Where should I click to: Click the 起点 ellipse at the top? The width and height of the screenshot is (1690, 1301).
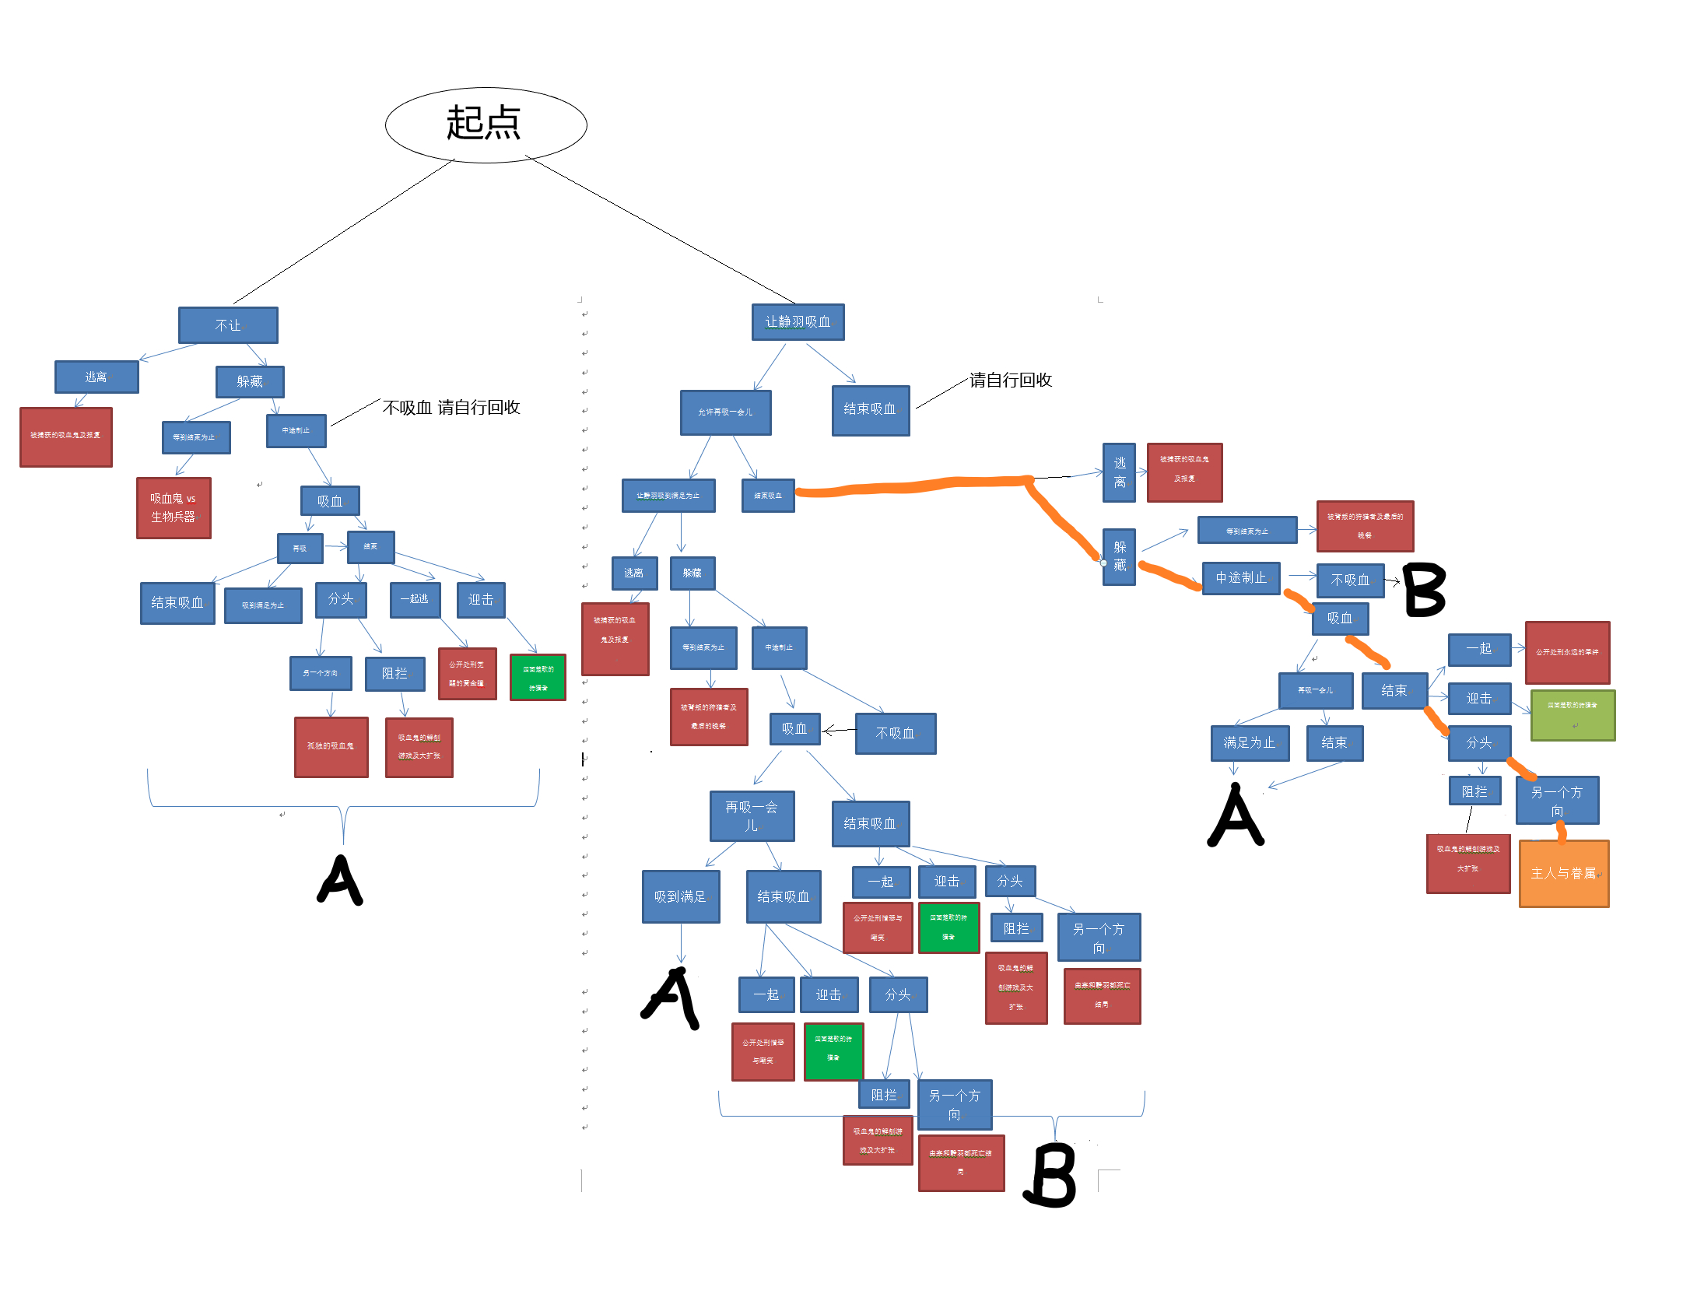click(x=486, y=124)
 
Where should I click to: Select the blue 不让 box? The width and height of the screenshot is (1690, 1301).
click(x=228, y=325)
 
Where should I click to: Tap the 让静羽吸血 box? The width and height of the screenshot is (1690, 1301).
click(x=798, y=322)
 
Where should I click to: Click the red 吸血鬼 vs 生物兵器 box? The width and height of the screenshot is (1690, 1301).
click(x=174, y=507)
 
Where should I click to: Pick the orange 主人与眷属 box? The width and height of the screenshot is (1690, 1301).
click(x=1563, y=873)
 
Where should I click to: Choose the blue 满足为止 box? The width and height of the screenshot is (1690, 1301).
click(x=1250, y=743)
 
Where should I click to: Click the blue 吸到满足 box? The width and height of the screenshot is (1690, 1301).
click(x=681, y=896)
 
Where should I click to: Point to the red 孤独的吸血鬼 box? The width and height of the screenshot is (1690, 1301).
click(x=331, y=746)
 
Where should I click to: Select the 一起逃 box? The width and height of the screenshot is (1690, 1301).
click(x=415, y=599)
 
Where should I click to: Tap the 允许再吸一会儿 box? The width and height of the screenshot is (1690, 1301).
click(x=725, y=412)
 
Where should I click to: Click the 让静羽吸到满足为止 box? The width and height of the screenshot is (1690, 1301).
click(x=668, y=496)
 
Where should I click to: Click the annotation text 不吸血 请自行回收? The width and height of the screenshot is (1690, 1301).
click(x=451, y=408)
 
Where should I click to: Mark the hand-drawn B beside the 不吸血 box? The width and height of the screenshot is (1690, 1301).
click(x=1425, y=590)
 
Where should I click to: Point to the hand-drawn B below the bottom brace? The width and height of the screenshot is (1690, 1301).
click(x=1051, y=1175)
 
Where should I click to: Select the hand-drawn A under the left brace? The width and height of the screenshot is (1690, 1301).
click(x=341, y=880)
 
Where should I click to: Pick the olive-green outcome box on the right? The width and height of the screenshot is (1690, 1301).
click(x=1572, y=714)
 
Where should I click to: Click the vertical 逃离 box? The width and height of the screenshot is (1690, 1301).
click(x=1119, y=472)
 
